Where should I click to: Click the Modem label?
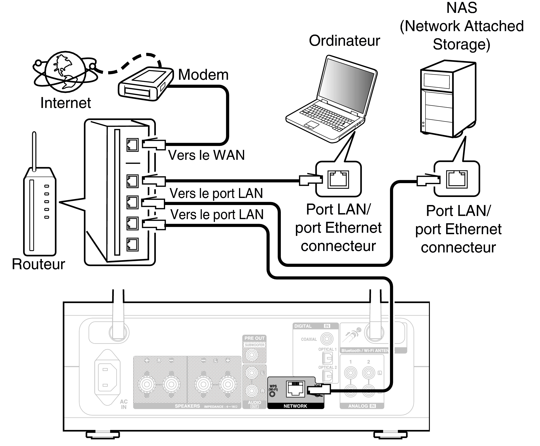pos(203,75)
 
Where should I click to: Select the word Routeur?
pos(38,264)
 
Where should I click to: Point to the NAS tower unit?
pos(448,99)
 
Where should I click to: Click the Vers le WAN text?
pos(206,155)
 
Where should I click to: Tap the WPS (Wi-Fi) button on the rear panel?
pos(272,394)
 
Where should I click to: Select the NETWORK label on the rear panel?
pos(295,406)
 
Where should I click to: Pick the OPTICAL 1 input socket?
pos(327,358)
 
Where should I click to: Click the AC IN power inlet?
pos(107,377)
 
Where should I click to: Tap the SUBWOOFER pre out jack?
pos(252,355)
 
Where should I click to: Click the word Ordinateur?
pos(344,41)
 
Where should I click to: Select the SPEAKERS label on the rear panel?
pos(187,406)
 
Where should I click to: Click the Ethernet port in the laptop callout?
pos(338,179)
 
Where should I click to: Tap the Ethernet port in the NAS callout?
pos(457,179)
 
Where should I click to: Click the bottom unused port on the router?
pos(133,244)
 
